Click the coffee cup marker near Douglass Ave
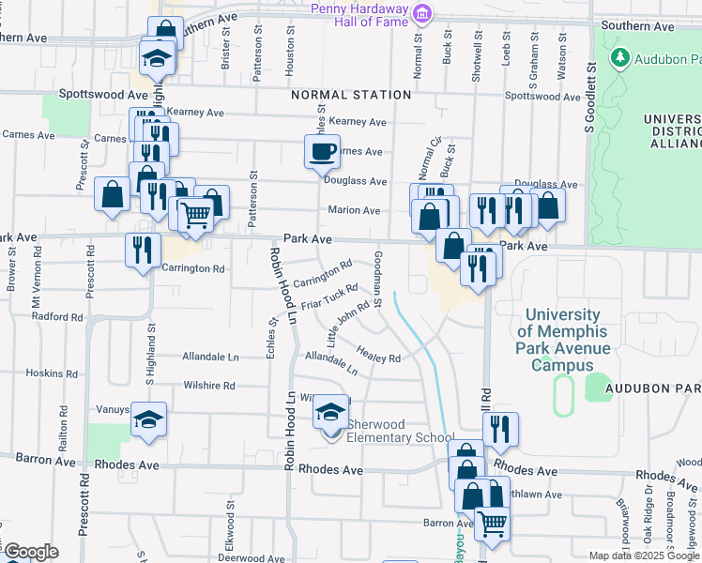point(322,150)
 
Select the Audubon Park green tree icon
point(619,58)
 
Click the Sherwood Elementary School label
point(401,431)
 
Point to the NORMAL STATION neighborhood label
point(351,95)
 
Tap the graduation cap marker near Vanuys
point(148,419)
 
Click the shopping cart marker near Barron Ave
point(491,523)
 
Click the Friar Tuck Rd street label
point(329,297)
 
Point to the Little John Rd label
point(346,321)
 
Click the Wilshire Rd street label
point(208,386)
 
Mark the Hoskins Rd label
point(44,373)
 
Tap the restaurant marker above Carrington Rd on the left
point(143,251)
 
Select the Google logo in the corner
point(32,552)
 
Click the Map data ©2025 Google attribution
point(643,555)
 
